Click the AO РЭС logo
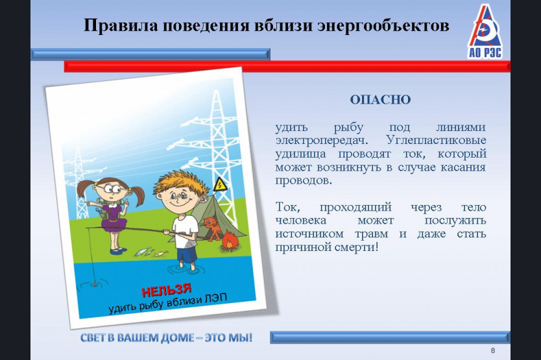click(x=485, y=31)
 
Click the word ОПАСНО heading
click(x=380, y=99)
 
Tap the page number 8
click(x=493, y=350)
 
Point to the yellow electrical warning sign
click(x=220, y=184)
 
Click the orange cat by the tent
click(x=211, y=228)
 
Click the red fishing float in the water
click(x=94, y=283)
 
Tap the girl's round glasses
click(x=110, y=189)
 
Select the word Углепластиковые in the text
click(x=436, y=141)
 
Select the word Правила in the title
click(x=121, y=26)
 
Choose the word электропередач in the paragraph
click(x=322, y=141)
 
